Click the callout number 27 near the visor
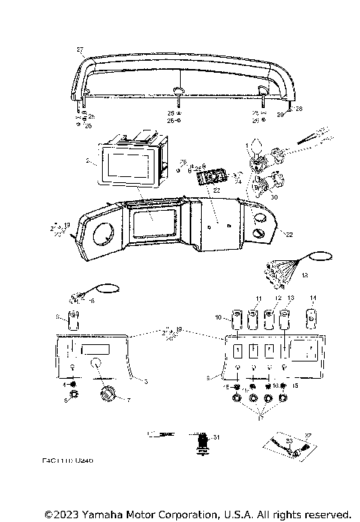click(x=80, y=49)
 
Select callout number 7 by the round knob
click(x=127, y=400)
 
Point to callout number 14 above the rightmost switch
click(x=313, y=298)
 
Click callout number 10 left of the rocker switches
click(x=218, y=318)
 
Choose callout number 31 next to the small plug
click(x=217, y=437)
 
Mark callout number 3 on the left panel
click(x=145, y=382)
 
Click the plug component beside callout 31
click(x=201, y=442)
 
